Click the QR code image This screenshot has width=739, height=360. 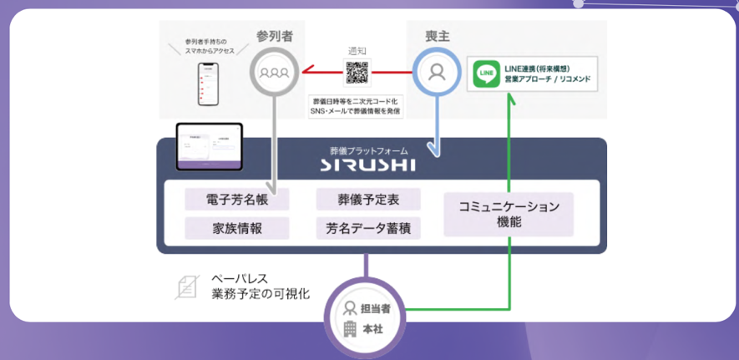(357, 74)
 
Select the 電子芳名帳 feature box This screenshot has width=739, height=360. (236, 199)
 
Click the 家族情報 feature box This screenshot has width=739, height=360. (236, 228)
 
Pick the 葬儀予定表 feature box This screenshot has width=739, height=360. (368, 199)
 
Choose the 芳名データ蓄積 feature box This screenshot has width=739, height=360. (368, 228)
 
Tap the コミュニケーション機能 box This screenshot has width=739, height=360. (509, 214)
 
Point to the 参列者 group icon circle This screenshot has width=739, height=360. (274, 72)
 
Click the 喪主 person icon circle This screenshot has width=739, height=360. (436, 72)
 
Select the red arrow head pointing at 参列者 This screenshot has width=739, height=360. (308, 72)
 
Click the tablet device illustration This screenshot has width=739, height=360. (209, 147)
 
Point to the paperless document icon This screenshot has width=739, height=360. (186, 286)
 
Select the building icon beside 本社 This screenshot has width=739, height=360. (351, 328)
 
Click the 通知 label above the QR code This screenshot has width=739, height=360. (357, 49)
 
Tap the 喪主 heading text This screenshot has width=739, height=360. (436, 37)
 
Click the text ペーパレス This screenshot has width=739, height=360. (240, 278)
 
